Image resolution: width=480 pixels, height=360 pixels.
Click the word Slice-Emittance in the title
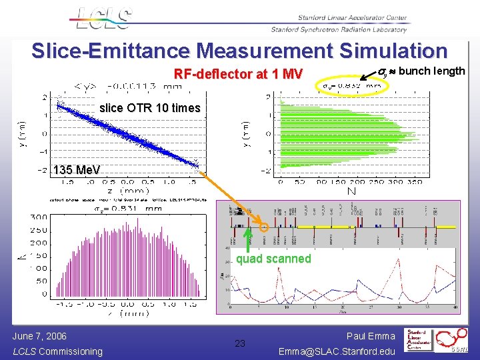(x=111, y=51)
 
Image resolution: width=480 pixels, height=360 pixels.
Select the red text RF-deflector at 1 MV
(x=238, y=73)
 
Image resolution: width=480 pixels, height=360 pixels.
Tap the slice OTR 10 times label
(x=149, y=108)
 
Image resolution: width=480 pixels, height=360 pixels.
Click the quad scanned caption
(x=273, y=259)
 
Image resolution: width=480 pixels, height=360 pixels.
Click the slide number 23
(x=241, y=344)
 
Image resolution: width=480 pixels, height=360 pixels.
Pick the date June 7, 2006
(x=39, y=336)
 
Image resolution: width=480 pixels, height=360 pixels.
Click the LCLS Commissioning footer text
(x=57, y=351)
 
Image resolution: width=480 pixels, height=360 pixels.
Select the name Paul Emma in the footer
(x=371, y=337)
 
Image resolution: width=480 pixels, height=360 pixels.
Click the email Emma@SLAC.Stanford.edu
(x=337, y=351)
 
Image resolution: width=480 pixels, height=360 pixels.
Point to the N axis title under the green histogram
(x=351, y=191)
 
